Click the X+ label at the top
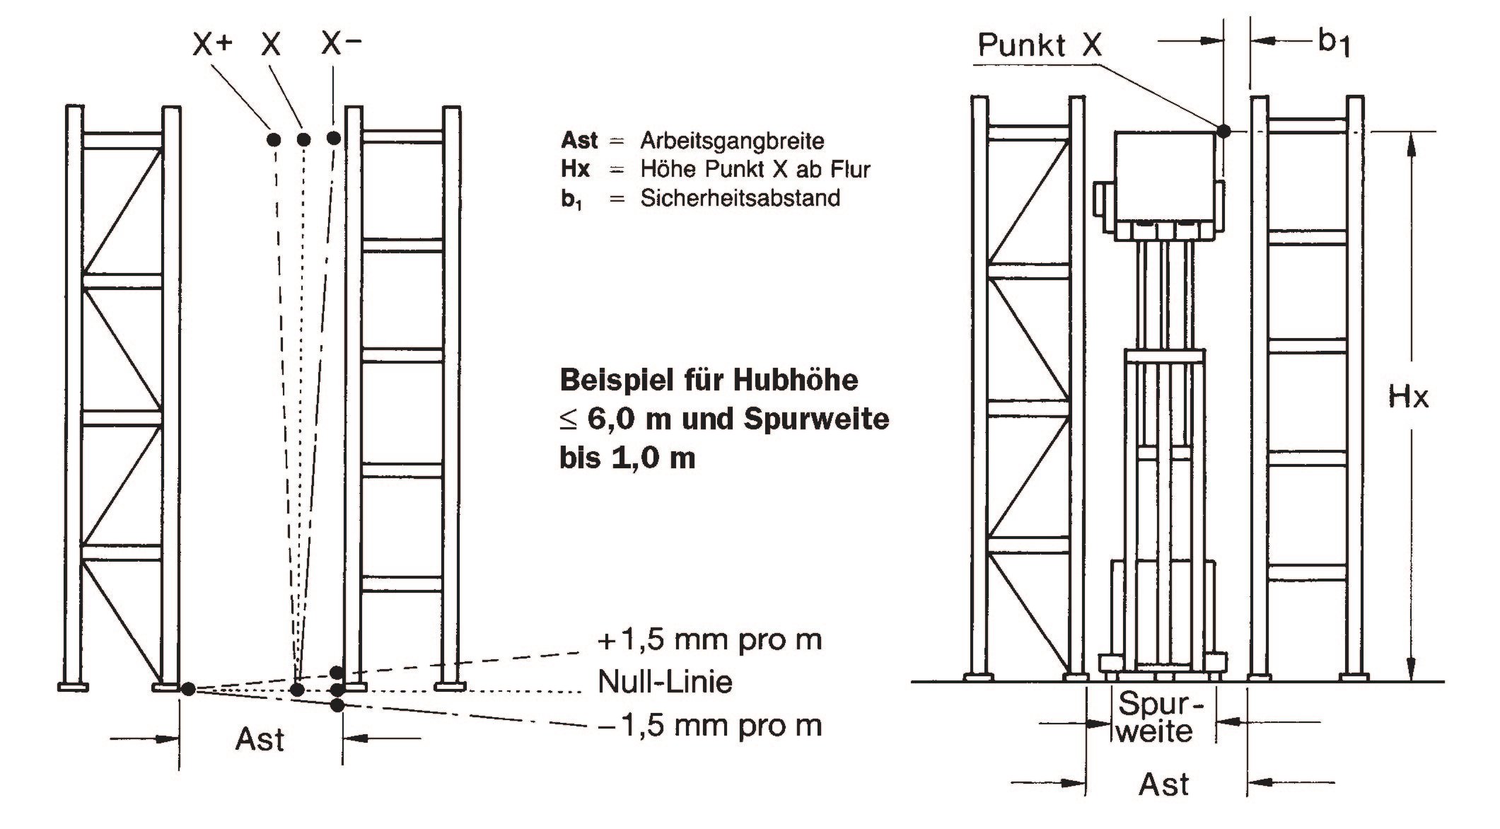(x=212, y=45)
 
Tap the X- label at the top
(x=342, y=44)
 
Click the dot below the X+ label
(x=274, y=139)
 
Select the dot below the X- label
(x=335, y=138)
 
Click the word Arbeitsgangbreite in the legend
(x=732, y=141)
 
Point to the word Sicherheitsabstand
(x=740, y=197)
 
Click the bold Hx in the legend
(x=575, y=169)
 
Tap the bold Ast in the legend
(x=579, y=140)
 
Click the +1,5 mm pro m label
(x=710, y=640)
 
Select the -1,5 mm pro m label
(x=710, y=726)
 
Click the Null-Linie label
(x=665, y=683)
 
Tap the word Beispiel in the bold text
(x=614, y=381)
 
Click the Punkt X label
(x=1040, y=45)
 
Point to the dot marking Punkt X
(x=1223, y=130)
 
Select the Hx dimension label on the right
(x=1408, y=398)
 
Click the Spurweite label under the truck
(x=1155, y=718)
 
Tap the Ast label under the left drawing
(x=260, y=740)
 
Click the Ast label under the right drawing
(x=1164, y=785)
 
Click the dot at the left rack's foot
(x=187, y=689)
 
